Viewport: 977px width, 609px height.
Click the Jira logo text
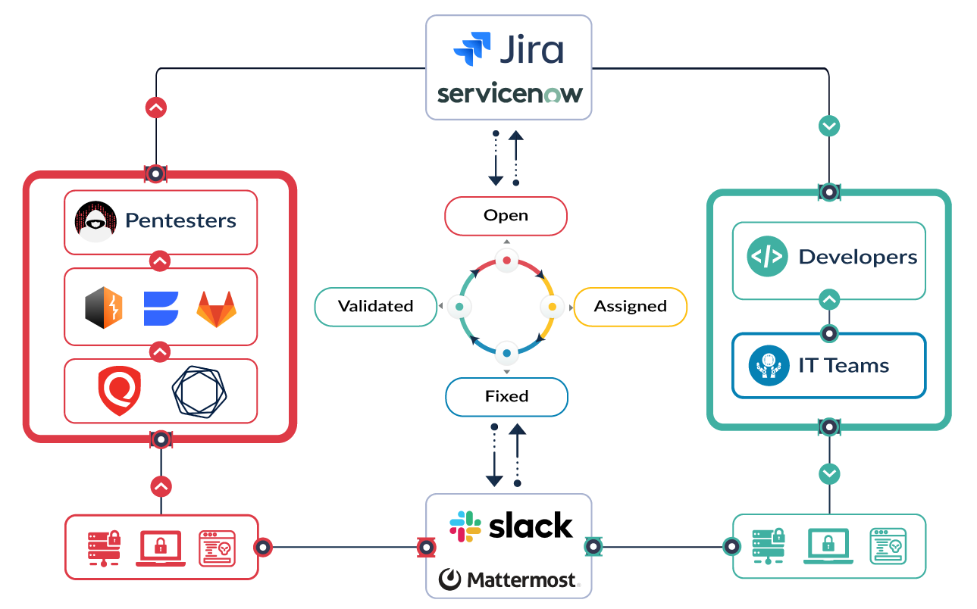(x=531, y=49)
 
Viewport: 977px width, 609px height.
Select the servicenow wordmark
(x=509, y=95)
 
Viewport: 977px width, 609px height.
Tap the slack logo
(x=512, y=526)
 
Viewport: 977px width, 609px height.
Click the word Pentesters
(x=180, y=220)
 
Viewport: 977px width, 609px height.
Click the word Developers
(x=858, y=257)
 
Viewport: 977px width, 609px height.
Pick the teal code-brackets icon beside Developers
(x=766, y=257)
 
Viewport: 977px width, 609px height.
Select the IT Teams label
(x=844, y=366)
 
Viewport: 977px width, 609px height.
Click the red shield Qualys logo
(x=120, y=391)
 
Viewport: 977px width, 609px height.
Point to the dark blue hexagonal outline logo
(x=199, y=391)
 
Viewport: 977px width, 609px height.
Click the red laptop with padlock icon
(x=161, y=548)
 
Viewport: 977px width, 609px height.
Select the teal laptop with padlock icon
(x=828, y=546)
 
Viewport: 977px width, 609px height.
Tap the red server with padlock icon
(x=104, y=548)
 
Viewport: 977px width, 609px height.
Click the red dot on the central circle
(x=507, y=261)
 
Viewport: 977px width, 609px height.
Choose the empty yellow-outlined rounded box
(x=630, y=307)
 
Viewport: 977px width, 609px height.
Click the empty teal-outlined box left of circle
(x=376, y=307)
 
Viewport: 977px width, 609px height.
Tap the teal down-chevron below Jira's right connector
(x=829, y=125)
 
